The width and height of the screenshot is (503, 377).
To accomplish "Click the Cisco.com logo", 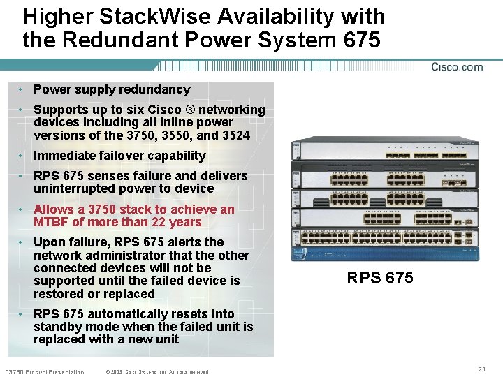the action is (x=457, y=67).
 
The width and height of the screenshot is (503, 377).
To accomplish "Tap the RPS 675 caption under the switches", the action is (x=380, y=278).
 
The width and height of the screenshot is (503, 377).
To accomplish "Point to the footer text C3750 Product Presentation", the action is (x=44, y=371).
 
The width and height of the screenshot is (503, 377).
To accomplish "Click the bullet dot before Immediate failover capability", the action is (x=23, y=156).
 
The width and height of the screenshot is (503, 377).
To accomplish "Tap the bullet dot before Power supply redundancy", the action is (x=23, y=89).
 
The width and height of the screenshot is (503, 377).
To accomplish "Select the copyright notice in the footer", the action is (x=156, y=371).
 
